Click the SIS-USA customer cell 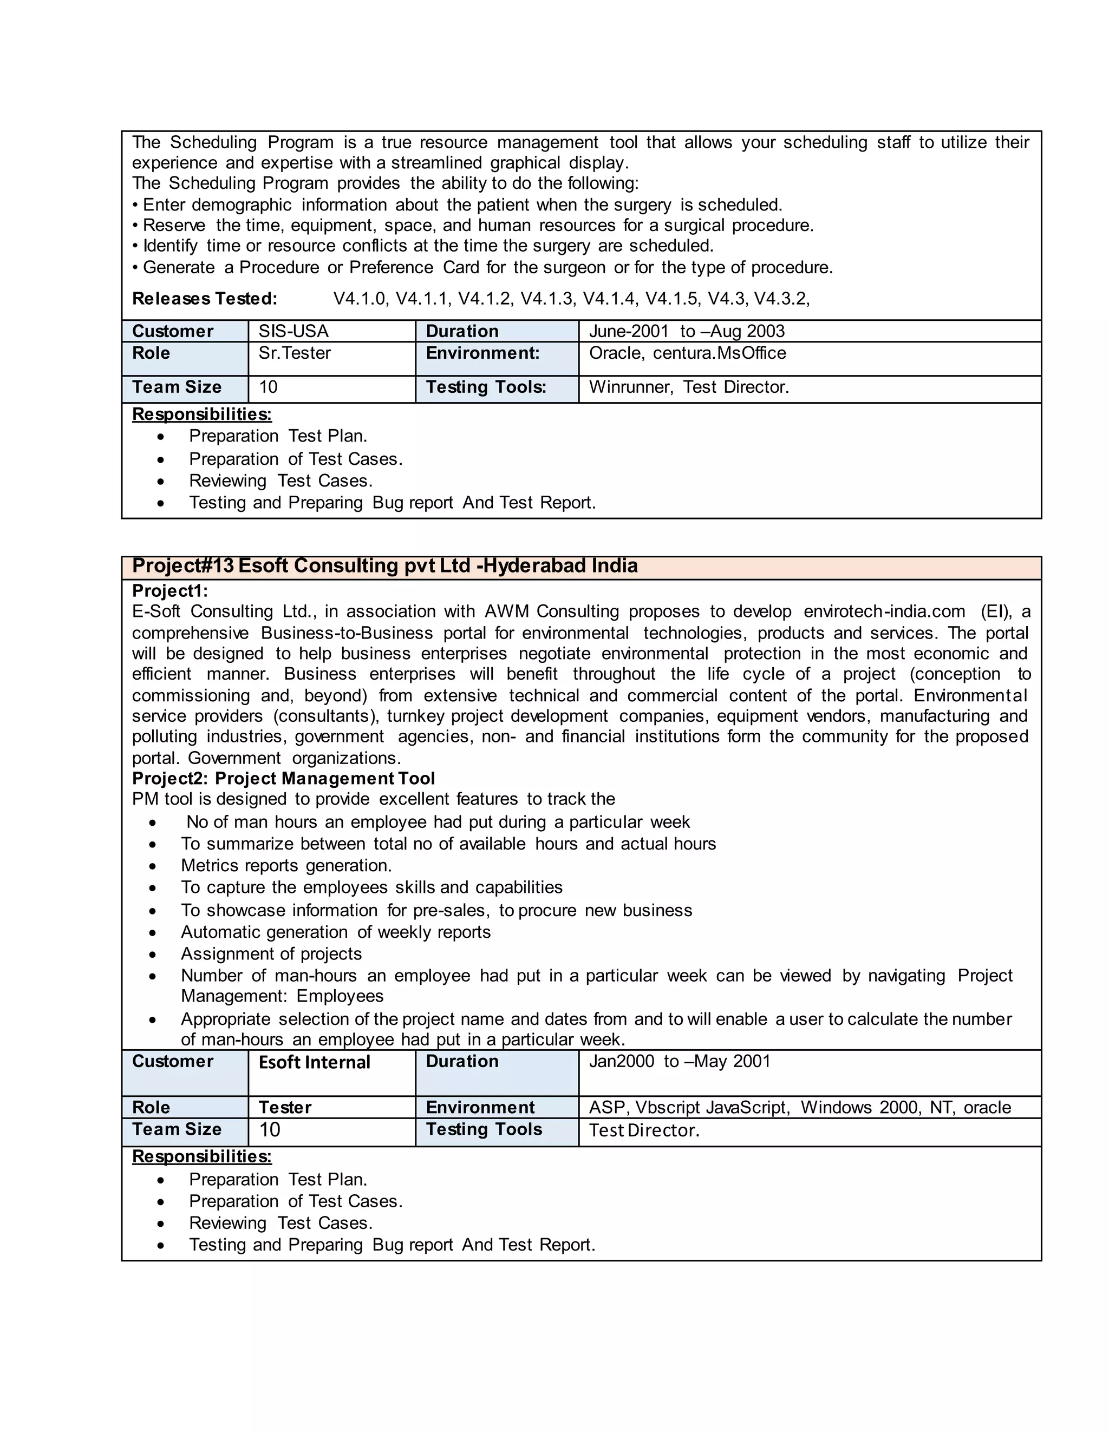[293, 331]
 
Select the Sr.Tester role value [295, 353]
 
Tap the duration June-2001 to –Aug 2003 [687, 331]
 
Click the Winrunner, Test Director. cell [689, 387]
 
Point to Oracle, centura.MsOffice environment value [687, 353]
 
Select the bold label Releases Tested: [204, 299]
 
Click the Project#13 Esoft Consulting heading [384, 566]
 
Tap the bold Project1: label [169, 591]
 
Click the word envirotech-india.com [884, 612]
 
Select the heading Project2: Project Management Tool [283, 779]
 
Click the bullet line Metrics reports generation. [286, 866]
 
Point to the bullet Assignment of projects [271, 954]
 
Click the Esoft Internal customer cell [314, 1062]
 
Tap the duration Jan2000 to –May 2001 [680, 1062]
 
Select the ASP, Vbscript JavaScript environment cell [800, 1108]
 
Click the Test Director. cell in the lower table [644, 1130]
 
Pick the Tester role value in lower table [284, 1108]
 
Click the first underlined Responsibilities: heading [201, 415]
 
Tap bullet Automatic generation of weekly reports [336, 932]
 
